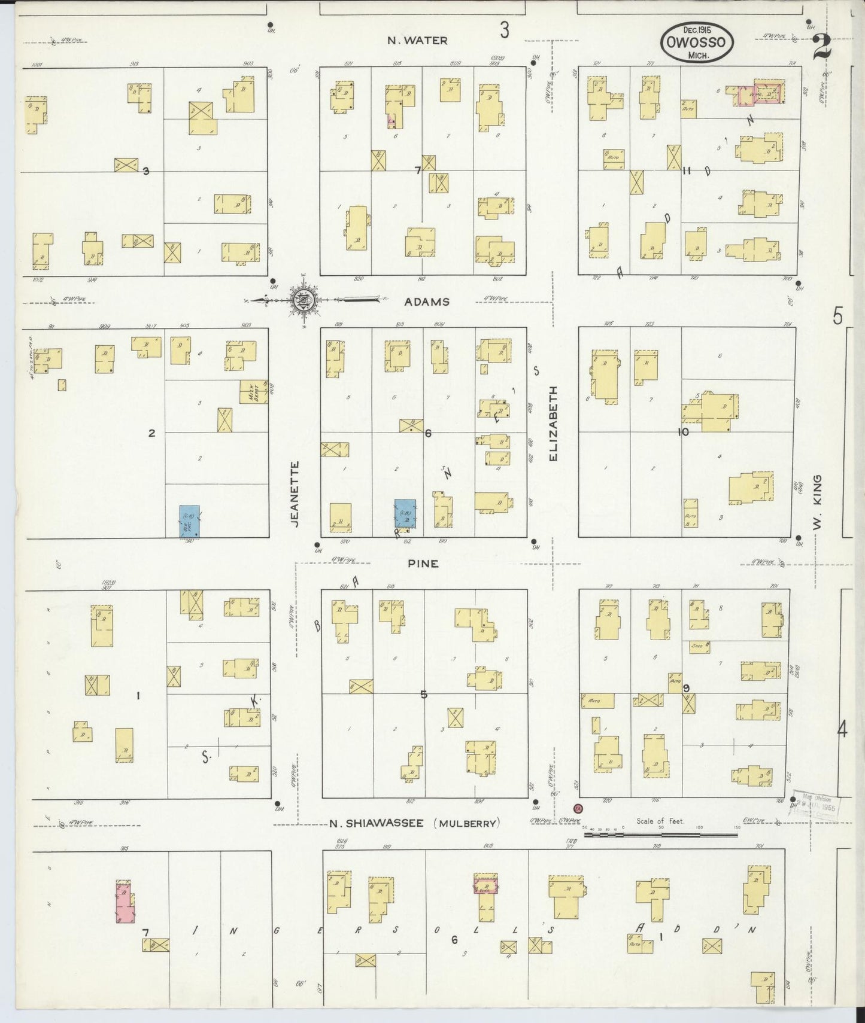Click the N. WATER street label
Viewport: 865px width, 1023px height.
[417, 41]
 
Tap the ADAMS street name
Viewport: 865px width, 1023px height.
[426, 302]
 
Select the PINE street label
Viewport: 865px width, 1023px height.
[423, 564]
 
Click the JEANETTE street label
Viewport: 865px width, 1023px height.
[294, 494]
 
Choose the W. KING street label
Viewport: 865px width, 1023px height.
[818, 502]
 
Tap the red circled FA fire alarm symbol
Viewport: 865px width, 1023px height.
[578, 808]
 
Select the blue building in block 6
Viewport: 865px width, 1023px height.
[405, 514]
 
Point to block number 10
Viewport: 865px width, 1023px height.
[683, 432]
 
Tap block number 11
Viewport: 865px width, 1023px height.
[687, 170]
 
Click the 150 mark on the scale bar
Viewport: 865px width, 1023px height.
[737, 828]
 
